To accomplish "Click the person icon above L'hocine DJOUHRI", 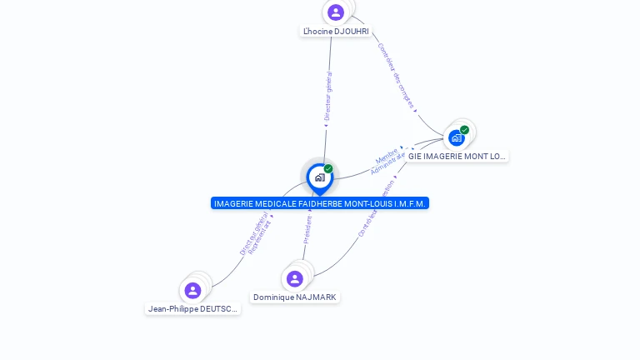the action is [x=336, y=12].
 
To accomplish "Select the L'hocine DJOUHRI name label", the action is [x=336, y=32].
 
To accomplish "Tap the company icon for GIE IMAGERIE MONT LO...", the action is [x=456, y=138].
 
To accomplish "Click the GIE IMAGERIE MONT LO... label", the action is [x=457, y=157].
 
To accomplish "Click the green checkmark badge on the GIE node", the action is [x=465, y=130].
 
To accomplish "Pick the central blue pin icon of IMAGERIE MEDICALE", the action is [x=319, y=177].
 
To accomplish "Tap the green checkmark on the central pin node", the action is [x=328, y=169].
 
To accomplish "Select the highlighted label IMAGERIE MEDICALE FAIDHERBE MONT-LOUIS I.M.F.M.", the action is [x=320, y=203].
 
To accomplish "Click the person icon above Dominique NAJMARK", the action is [x=294, y=279].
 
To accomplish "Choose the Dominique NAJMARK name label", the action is [x=295, y=297].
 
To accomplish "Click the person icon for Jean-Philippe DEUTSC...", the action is [x=193, y=290].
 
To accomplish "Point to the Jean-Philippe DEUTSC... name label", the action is [x=193, y=309].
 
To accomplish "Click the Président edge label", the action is [x=307, y=229].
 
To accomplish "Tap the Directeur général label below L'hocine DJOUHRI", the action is [x=328, y=97].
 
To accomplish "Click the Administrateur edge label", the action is [x=388, y=163].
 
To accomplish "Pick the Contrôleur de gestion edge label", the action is [x=377, y=208].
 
